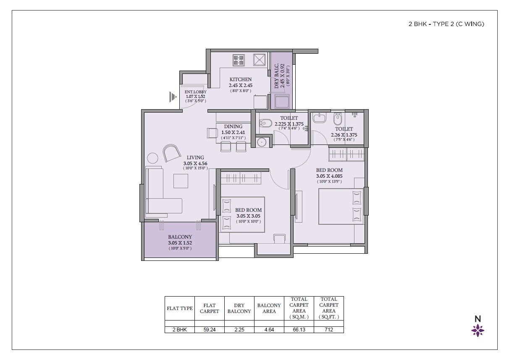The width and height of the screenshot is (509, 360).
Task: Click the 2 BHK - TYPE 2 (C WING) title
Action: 446,24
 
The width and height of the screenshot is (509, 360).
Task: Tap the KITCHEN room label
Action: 240,79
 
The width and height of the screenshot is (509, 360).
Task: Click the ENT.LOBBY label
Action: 196,92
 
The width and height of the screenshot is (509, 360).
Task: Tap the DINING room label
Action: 233,126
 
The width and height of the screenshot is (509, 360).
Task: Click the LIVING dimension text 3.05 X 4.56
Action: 195,163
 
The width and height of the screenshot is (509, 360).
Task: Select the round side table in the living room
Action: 153,158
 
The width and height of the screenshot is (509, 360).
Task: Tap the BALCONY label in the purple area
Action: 180,237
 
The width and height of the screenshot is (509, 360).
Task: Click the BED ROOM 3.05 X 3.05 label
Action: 248,213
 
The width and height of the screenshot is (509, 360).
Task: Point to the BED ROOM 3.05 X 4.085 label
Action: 329,173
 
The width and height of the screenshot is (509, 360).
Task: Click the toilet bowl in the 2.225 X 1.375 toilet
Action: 265,124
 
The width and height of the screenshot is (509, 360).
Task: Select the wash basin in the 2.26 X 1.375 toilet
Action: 319,118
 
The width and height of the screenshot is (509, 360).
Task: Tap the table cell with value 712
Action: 329,330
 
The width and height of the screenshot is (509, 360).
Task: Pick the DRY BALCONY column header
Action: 239,308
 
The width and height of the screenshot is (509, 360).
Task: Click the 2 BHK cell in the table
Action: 179,330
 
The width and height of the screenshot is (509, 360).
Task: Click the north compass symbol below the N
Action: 478,331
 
